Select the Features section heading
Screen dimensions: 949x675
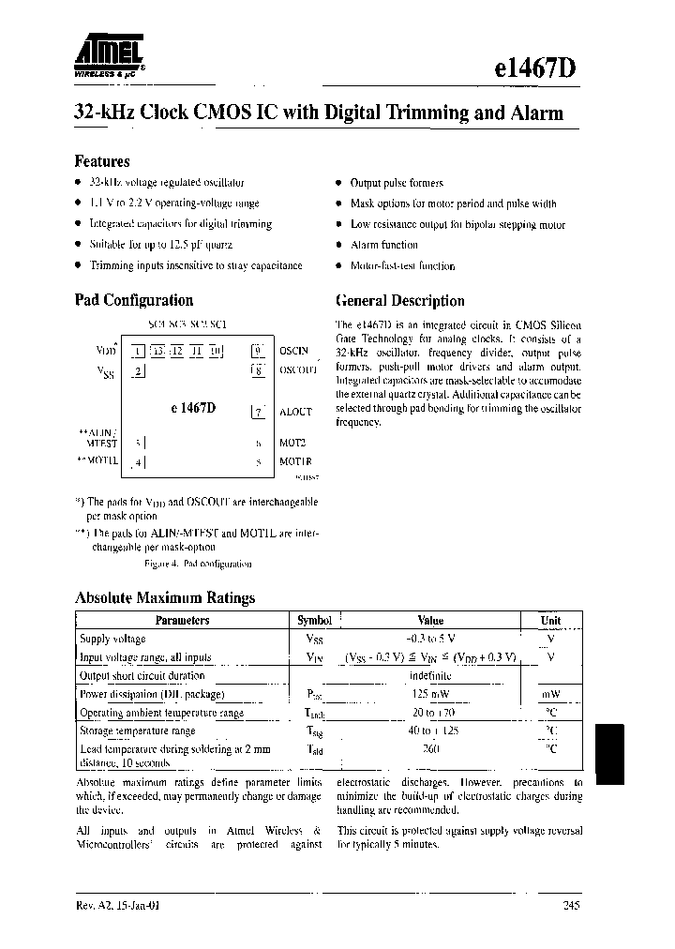tap(101, 160)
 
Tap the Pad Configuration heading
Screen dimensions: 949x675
tap(133, 300)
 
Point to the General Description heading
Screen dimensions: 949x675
tap(399, 301)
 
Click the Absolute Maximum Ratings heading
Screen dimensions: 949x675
tap(164, 597)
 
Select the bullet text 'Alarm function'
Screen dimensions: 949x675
tap(383, 245)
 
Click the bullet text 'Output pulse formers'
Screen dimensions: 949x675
tap(396, 183)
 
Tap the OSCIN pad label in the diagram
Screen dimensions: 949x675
tap(293, 351)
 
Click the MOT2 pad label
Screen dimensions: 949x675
tap(292, 442)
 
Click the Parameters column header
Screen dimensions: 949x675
tap(182, 620)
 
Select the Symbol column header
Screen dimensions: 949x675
tap(314, 620)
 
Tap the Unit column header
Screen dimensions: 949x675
tap(550, 620)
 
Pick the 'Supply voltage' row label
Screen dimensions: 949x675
tap(112, 639)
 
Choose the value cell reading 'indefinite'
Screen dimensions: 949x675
tap(430, 675)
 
